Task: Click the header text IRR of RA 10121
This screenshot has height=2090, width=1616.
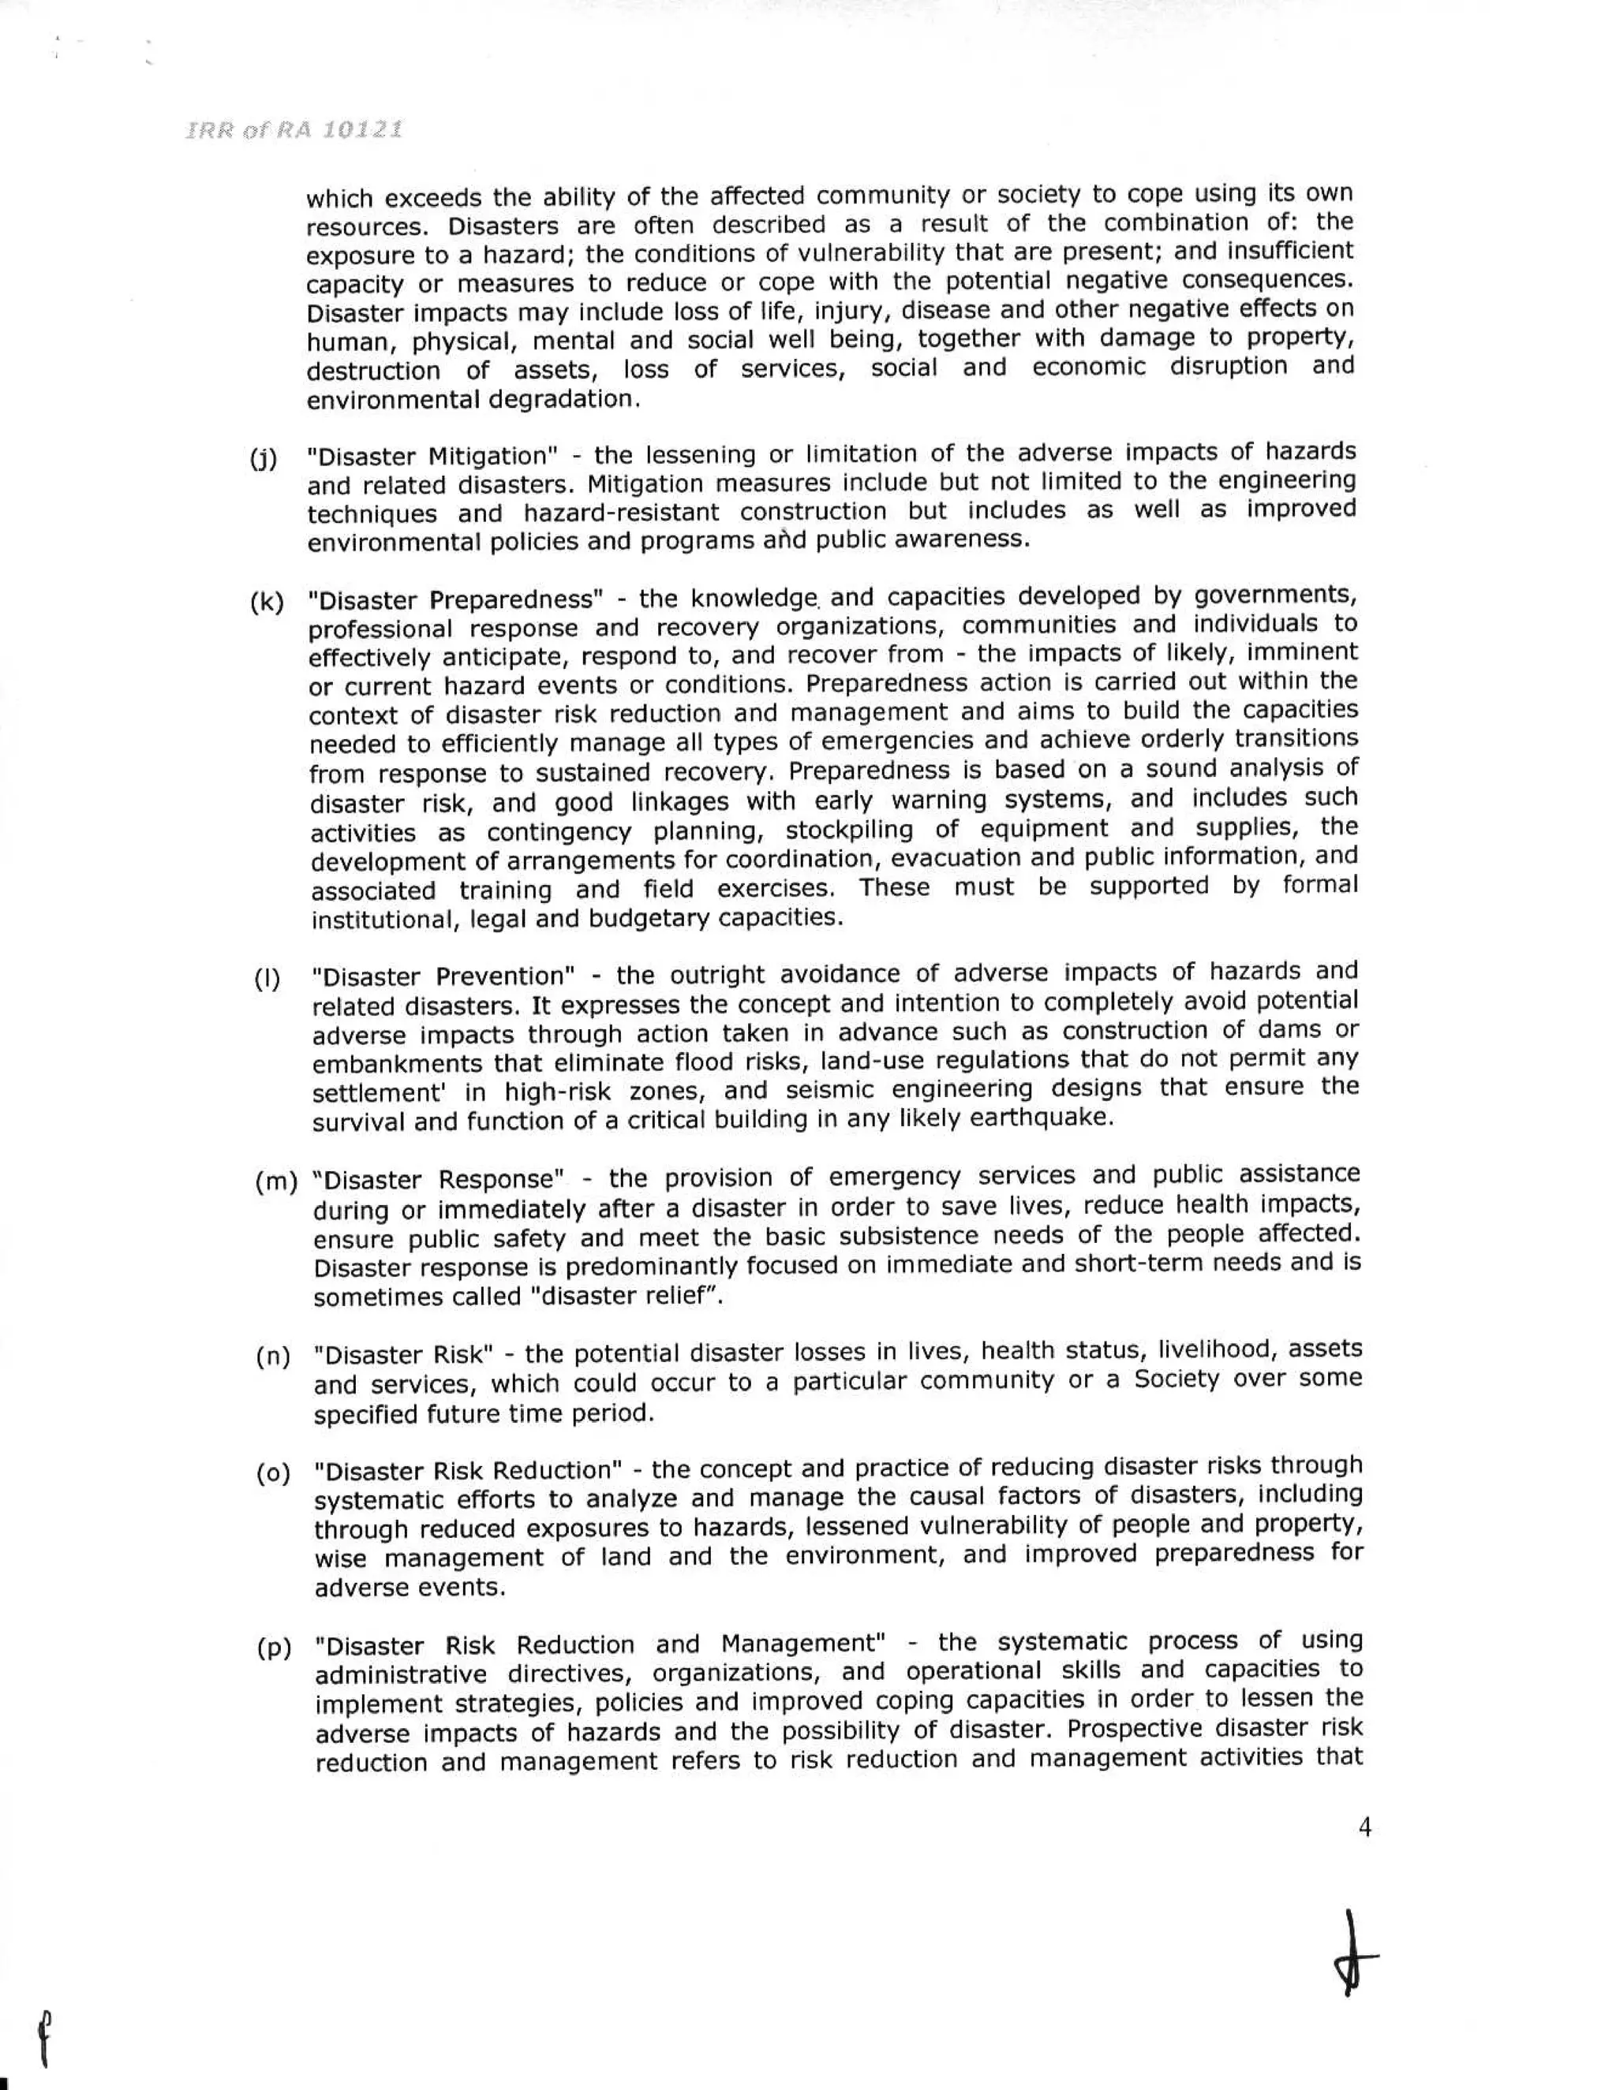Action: [293, 130]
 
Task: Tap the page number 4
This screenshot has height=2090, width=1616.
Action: [1364, 1828]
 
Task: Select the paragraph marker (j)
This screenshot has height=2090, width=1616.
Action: [264, 459]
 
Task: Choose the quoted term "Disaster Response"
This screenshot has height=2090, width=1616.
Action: [437, 1179]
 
